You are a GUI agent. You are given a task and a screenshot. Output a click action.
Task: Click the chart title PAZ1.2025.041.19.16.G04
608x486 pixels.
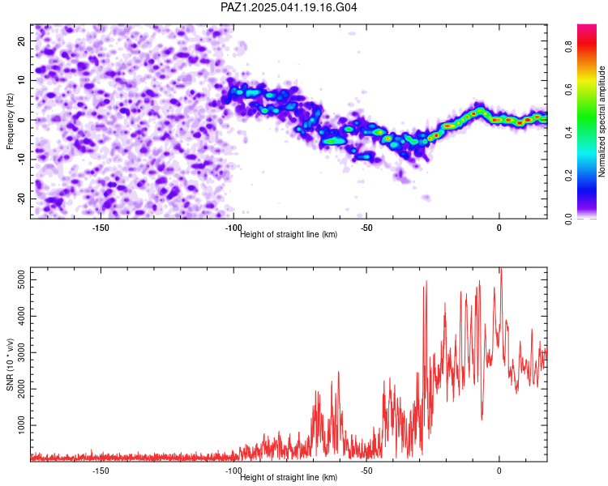[x=289, y=7]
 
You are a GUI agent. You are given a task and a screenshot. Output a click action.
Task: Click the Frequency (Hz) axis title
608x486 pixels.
[x=10, y=122]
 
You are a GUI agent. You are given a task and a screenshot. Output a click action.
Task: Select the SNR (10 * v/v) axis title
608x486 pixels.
[x=10, y=364]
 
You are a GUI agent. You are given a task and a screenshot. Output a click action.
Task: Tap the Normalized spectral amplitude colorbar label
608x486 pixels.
[x=602, y=122]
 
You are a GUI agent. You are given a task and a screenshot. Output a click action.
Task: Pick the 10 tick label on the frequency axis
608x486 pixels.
[x=21, y=80]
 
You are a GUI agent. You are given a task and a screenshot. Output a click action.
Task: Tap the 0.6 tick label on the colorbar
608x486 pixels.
[x=568, y=90]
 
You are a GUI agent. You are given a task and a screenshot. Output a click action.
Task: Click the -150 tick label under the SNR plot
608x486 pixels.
[x=101, y=471]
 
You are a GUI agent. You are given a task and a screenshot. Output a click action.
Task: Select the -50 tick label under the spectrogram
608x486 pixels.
[x=366, y=228]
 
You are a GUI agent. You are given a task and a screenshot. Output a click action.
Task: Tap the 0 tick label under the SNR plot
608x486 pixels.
[x=499, y=471]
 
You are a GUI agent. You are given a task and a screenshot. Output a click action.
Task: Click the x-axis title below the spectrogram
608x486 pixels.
[x=289, y=234]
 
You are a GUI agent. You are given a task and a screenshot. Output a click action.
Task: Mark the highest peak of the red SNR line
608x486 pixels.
[x=501, y=268]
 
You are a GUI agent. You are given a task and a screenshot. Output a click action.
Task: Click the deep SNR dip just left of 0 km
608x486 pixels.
[x=482, y=419]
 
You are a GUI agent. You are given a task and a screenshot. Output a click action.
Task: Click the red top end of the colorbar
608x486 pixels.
[x=587, y=26]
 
